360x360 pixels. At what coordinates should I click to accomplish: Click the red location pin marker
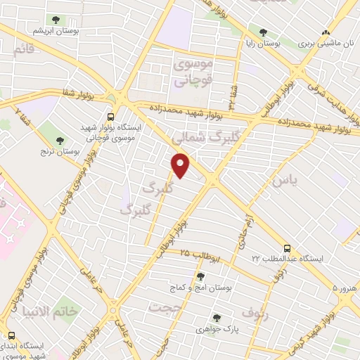coord(181,165)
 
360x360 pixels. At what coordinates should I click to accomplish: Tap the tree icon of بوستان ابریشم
coord(55,20)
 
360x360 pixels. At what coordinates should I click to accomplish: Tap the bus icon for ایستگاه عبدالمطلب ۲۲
coord(286,248)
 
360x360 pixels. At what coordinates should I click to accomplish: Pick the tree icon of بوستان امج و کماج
coord(201,276)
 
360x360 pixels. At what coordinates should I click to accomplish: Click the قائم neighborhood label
coord(23,50)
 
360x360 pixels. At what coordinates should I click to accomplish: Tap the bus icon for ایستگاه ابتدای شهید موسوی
coord(11,335)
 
